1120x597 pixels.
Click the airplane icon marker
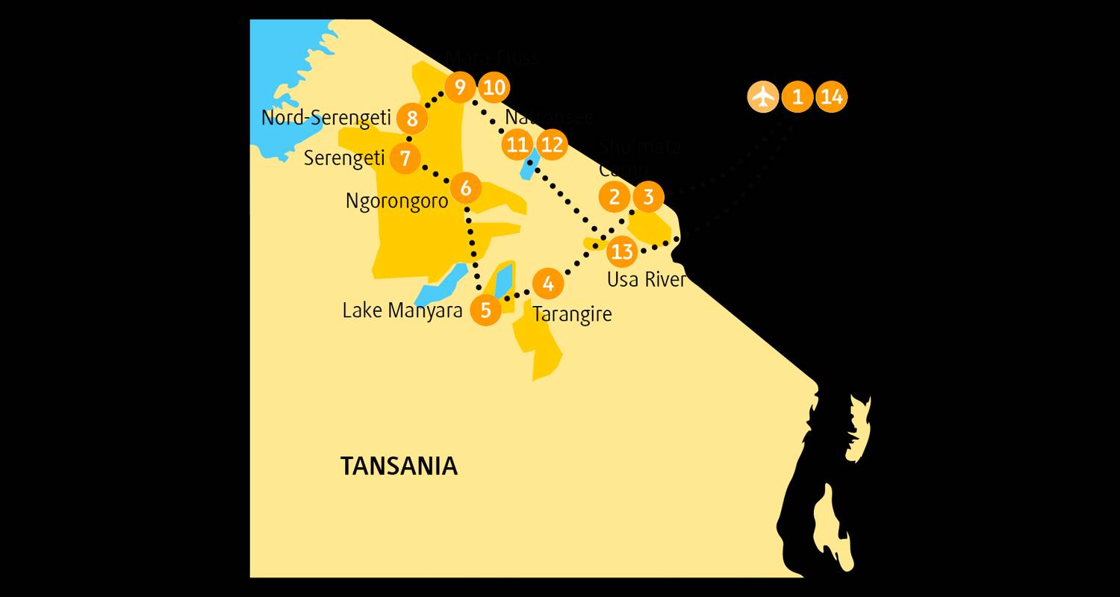(762, 97)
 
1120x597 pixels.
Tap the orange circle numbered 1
(797, 97)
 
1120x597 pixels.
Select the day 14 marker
(831, 97)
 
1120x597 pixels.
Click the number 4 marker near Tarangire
(548, 284)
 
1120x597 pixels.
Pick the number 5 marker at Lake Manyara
(486, 310)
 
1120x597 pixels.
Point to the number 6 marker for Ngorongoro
(465, 188)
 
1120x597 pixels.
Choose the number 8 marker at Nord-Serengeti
(412, 118)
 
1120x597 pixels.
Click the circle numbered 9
(459, 88)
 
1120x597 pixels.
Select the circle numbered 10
(493, 88)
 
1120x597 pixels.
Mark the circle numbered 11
(517, 144)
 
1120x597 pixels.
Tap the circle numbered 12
(552, 144)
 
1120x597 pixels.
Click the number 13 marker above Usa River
(621, 252)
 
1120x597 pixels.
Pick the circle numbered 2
(615, 197)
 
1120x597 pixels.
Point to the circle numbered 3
(648, 197)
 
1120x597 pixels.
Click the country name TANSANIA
(399, 466)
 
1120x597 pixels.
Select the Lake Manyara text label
(402, 310)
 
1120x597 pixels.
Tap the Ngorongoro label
(396, 201)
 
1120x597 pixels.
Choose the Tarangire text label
(572, 314)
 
